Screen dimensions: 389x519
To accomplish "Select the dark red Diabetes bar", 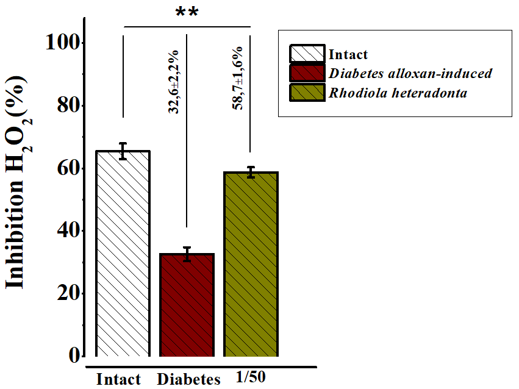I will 187,305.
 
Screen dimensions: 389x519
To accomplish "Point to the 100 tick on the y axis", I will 64,43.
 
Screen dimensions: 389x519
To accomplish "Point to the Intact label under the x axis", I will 118,379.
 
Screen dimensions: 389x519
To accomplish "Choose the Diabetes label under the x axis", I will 188,379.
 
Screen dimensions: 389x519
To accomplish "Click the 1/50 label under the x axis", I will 251,377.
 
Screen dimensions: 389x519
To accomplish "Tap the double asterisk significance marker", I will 187,13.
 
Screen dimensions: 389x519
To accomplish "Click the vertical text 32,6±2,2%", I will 174,82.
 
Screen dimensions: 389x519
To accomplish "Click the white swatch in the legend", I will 308,54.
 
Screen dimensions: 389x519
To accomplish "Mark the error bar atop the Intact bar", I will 123,151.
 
